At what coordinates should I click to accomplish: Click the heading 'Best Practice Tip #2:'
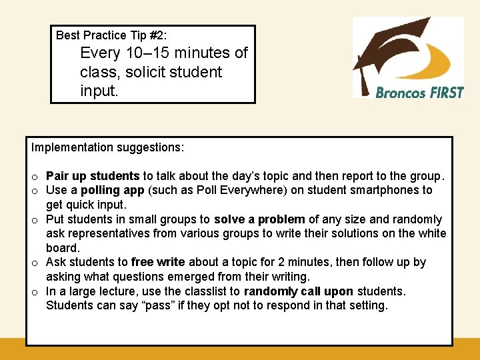111,35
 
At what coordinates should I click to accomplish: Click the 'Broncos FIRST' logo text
419,93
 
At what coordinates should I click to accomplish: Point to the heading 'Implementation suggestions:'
107,147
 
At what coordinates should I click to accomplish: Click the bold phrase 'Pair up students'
93,176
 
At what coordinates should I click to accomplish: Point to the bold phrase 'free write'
158,263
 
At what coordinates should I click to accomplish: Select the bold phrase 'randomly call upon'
299,291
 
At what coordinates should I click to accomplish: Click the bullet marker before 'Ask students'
34,263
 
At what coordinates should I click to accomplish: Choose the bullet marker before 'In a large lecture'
34,292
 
